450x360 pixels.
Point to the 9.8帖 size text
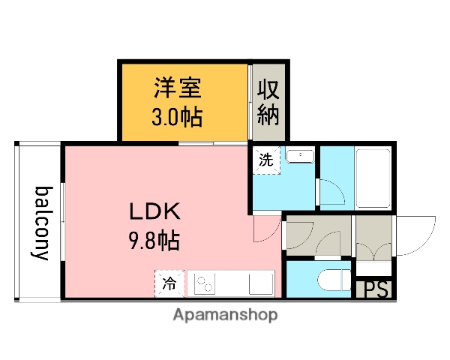(153, 241)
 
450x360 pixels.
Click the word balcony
(41, 222)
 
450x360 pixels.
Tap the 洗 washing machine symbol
(266, 160)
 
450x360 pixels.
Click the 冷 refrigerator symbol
(169, 283)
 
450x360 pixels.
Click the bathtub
(372, 178)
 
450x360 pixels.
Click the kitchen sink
(261, 284)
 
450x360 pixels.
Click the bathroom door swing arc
(331, 193)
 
